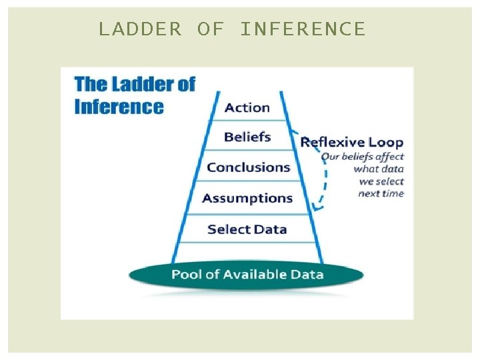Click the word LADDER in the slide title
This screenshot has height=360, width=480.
139,29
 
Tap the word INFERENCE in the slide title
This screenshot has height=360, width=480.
303,29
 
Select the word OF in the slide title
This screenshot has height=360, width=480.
210,29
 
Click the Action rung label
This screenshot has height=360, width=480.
247,107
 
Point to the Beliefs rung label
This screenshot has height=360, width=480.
247,137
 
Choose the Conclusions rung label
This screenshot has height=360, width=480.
248,167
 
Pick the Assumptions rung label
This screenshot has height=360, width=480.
247,198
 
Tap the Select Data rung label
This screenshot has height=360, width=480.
247,229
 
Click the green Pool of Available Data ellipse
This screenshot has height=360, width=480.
247,275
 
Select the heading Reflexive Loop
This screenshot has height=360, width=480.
352,142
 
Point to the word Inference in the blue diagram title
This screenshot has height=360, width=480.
119,107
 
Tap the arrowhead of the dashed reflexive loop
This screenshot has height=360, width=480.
318,207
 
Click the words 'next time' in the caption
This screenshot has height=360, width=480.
381,193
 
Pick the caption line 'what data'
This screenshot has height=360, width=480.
379,169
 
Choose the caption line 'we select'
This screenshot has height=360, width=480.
381,181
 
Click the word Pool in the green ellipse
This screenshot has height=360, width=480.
187,275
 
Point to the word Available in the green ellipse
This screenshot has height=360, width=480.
255,275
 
